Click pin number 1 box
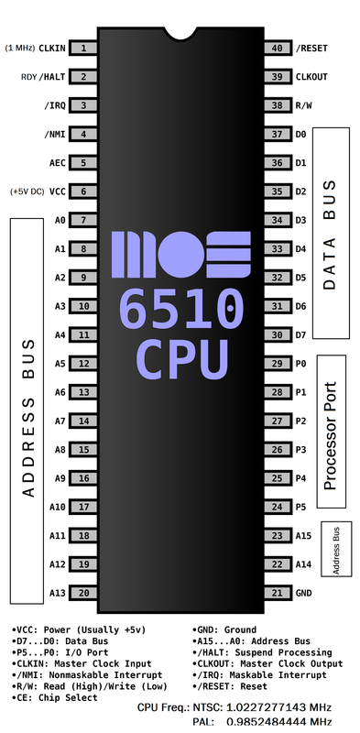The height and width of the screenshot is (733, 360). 84,49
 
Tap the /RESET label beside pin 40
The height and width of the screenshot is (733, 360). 311,49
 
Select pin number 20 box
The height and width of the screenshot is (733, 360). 84,593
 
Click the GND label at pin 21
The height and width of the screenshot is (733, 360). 304,593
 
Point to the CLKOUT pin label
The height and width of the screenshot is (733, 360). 311,77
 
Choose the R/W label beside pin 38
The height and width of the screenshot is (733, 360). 304,105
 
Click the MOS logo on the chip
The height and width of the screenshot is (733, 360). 180,255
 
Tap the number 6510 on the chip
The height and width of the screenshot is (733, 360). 180,312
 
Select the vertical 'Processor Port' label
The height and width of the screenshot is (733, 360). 331,434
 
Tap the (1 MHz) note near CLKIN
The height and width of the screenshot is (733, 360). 20,48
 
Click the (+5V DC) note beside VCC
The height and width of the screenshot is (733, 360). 25,191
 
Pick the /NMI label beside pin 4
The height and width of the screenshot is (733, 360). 54,135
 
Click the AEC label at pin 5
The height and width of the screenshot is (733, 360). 56,163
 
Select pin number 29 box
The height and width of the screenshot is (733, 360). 276,364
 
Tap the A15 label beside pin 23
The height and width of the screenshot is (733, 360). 304,536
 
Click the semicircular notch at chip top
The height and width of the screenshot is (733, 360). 180,29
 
